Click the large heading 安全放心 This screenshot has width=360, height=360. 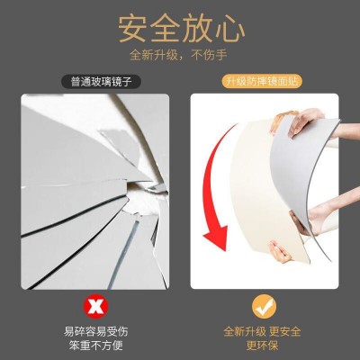point(181,29)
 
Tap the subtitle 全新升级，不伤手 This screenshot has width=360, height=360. point(179,55)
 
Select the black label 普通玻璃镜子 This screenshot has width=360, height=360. point(101,82)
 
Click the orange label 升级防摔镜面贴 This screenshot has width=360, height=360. point(262,82)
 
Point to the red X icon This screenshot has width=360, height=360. point(95,306)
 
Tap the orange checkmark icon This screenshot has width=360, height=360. point(264,306)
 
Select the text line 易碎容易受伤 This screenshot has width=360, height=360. point(95,331)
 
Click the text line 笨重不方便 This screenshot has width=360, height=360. point(95,346)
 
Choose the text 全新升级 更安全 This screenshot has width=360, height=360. point(262,332)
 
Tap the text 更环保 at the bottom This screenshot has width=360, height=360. point(262,346)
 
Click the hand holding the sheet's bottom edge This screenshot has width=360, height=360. point(279,253)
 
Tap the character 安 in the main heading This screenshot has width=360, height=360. point(132,29)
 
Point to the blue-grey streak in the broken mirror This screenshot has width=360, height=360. point(123,253)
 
